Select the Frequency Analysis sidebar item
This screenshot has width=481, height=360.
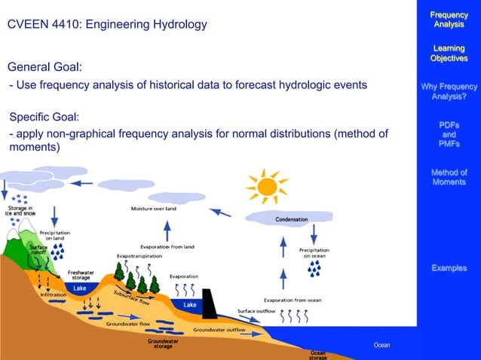[448, 20]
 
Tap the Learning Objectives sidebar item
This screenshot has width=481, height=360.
[448, 53]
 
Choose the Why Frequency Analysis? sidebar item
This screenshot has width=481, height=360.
[448, 92]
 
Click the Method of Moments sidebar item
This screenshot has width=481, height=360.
[448, 177]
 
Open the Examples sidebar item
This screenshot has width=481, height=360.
[448, 268]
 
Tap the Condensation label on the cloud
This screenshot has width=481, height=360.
[290, 219]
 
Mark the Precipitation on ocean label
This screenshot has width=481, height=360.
[314, 252]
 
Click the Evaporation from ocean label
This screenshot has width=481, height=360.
[293, 300]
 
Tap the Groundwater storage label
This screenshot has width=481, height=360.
[163, 343]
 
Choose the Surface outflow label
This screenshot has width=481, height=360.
[257, 311]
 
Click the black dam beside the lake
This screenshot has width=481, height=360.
[210, 303]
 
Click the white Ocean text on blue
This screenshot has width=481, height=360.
[381, 345]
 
